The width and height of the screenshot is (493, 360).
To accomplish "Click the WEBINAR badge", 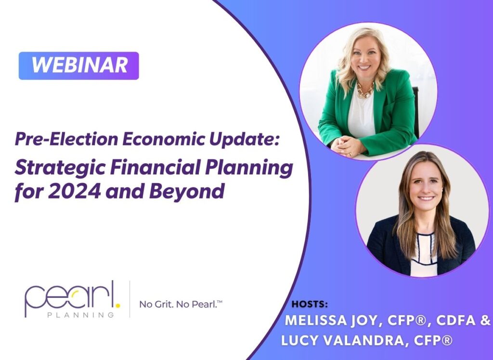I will point(78,66).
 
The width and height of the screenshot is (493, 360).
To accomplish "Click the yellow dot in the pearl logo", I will point(118,305).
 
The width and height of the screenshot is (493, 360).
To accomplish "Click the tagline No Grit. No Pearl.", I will point(181,304).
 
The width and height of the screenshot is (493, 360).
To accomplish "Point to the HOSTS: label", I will point(310,305).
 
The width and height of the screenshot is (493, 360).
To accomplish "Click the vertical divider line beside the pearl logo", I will point(130,299).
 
